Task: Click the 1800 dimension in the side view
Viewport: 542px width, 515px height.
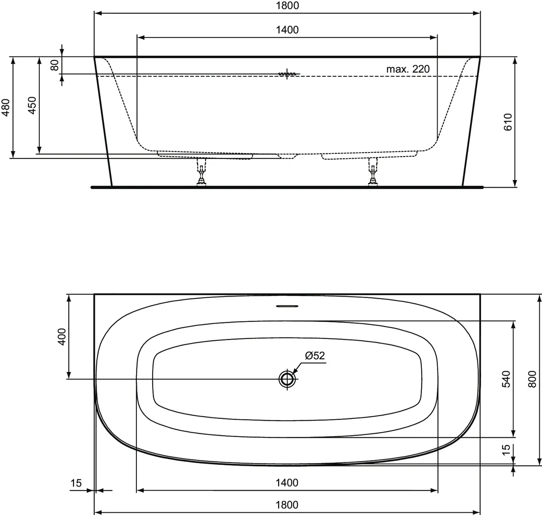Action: [287, 6]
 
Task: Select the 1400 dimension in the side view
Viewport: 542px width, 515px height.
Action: [287, 30]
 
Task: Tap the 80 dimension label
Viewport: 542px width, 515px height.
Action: [55, 65]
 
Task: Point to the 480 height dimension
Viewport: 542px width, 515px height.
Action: [5, 108]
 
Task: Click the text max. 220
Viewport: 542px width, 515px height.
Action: [408, 69]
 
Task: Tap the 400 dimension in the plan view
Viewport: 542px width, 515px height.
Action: [61, 336]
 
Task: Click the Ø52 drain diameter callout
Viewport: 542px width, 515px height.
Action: [315, 356]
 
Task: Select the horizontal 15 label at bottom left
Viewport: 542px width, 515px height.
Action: [76, 483]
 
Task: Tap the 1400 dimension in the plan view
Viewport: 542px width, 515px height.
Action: [287, 483]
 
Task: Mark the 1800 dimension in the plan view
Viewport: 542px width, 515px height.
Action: [287, 505]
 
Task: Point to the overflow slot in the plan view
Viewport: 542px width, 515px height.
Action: [287, 306]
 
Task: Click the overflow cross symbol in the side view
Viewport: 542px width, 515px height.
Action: [286, 74]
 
